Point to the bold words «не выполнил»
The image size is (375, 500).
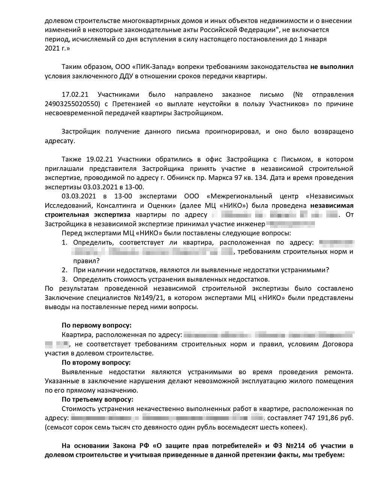coord(331,67)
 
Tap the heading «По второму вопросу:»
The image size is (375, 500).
coord(96,362)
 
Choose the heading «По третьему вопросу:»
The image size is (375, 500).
coord(97,399)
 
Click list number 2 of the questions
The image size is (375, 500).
coord(64,270)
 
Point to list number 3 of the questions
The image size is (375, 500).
coord(64,279)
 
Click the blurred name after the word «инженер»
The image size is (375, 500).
coord(290,224)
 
